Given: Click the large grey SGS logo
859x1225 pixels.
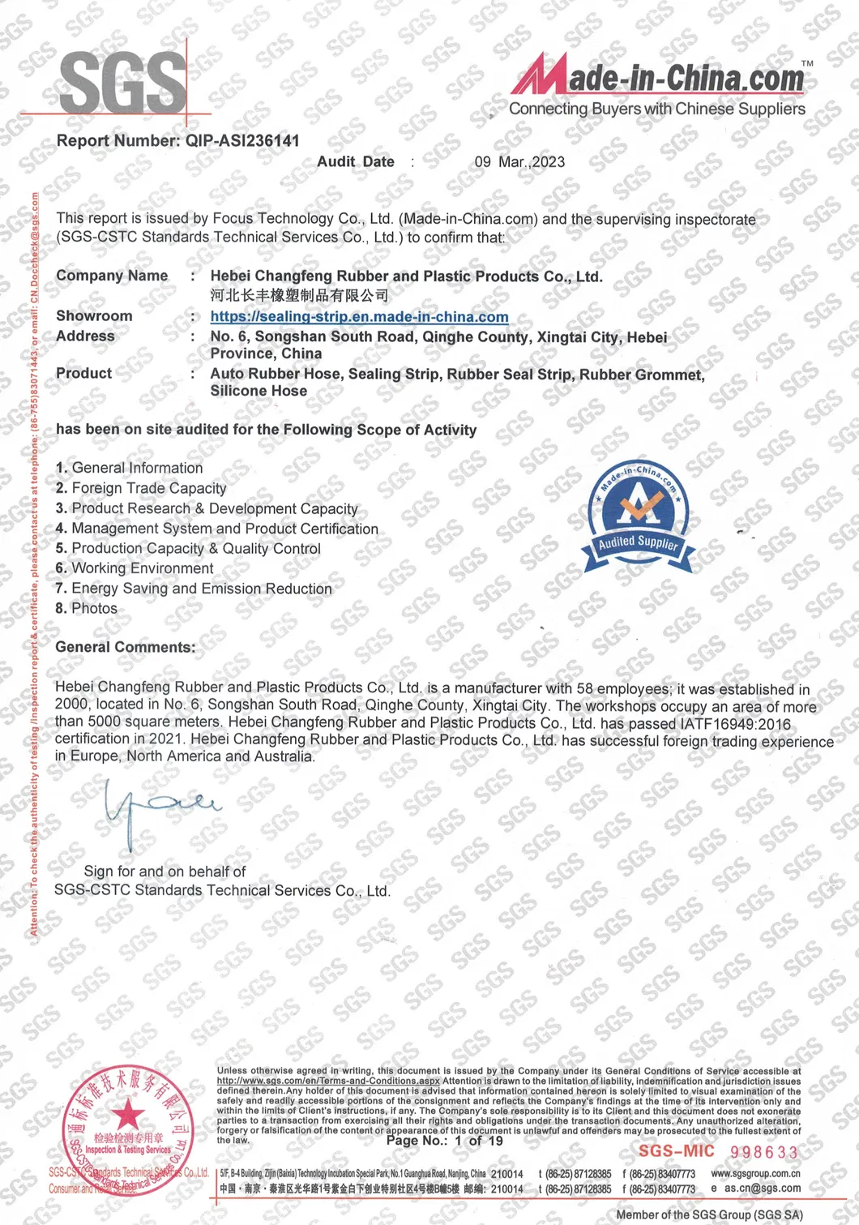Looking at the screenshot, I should coord(122,84).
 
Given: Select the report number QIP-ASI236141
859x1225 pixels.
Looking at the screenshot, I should coord(242,141).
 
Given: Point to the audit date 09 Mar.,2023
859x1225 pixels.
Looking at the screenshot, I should coord(519,162).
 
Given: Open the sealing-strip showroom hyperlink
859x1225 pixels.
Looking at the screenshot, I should coord(359,317).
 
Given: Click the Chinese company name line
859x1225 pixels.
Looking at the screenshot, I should coord(299,295).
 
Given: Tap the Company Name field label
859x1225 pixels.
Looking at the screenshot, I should coord(112,276).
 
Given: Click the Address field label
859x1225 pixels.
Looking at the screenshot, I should coord(85,336).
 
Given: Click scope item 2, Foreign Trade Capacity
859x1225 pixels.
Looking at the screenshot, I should coord(141,488).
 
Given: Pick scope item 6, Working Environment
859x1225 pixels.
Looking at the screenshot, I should coord(135,568).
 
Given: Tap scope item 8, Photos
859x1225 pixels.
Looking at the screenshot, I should coord(87,608).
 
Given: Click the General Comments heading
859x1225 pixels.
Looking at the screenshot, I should coord(125,647).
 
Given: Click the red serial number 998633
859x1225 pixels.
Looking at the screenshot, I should coord(763,1152).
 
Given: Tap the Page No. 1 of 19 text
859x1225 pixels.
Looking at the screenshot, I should coord(444,1141).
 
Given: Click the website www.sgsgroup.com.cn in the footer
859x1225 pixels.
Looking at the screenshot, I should coord(755,1173).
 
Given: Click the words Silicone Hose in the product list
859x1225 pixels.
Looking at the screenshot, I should coord(259,391).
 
